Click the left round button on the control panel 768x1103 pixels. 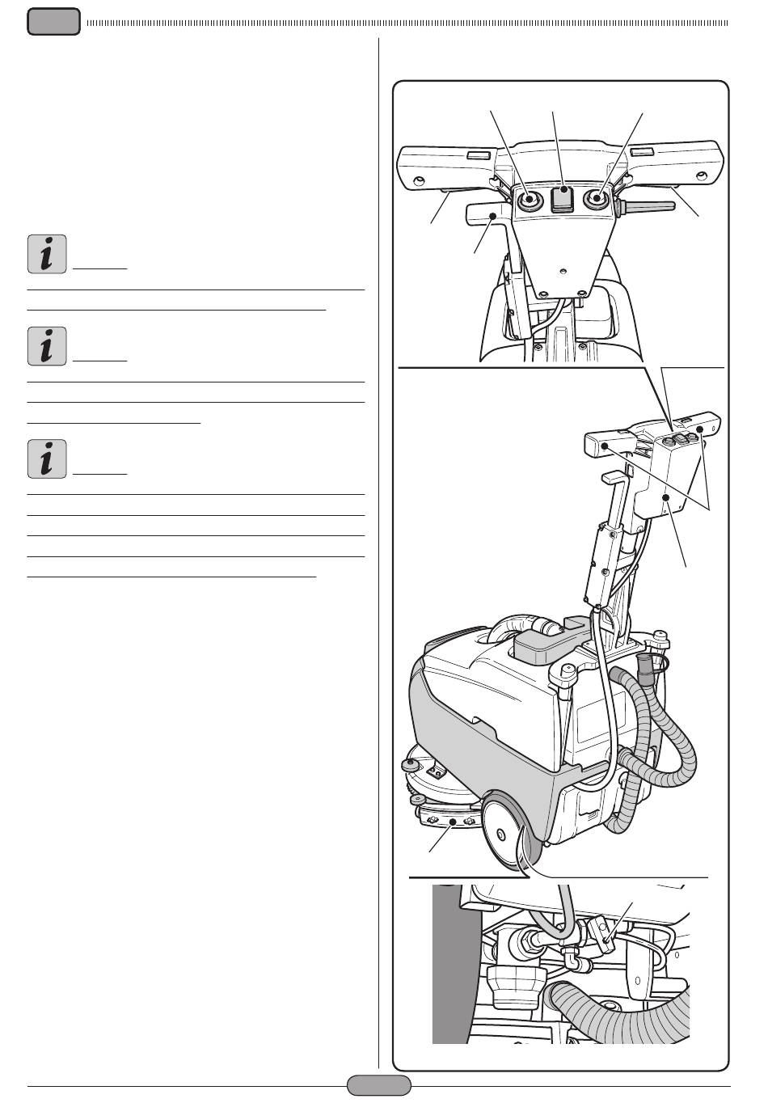point(529,200)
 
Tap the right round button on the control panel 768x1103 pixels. point(599,198)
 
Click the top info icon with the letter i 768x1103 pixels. point(46,255)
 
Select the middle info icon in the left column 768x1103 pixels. point(46,347)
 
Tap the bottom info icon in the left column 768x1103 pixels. point(46,459)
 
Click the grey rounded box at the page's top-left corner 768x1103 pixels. point(53,22)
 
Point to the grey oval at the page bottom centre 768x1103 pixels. point(378,1085)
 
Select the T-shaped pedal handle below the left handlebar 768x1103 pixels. point(486,216)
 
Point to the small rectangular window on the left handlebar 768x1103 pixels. point(477,154)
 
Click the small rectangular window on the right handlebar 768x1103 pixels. point(643,151)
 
